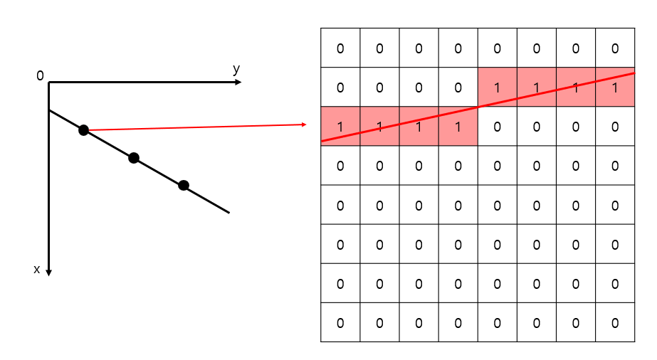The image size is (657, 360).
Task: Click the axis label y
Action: click(236, 69)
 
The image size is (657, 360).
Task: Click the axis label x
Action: click(37, 269)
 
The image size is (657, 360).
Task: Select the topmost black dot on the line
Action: click(84, 130)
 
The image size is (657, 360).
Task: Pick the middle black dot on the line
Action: click(134, 158)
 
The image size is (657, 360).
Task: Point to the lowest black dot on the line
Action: click(184, 185)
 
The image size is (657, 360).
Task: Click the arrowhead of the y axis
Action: click(238, 83)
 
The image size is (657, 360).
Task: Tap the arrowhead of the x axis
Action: click(48, 272)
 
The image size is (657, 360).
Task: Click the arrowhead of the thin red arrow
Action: click(304, 125)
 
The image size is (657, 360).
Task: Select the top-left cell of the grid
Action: click(340, 48)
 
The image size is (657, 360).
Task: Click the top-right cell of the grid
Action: click(615, 48)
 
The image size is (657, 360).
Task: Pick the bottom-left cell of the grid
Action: click(340, 322)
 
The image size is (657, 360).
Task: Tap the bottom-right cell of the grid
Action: click(615, 322)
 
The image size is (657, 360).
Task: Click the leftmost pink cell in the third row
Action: click(340, 127)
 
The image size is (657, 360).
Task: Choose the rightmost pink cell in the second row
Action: click(615, 88)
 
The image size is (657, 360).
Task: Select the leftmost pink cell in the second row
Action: click(497, 88)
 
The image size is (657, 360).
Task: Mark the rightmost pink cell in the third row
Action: click(458, 127)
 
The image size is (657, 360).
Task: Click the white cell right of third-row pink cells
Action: click(497, 127)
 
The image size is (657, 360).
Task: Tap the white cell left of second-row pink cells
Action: click(458, 88)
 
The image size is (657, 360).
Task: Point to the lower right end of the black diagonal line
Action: click(228, 212)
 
